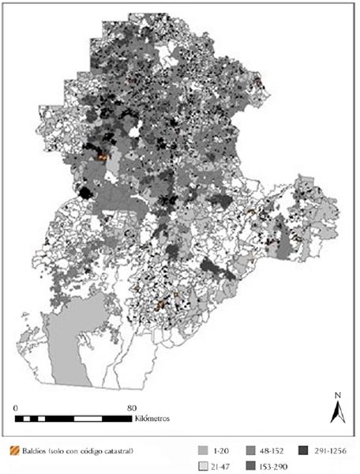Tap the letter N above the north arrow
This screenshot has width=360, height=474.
(336, 395)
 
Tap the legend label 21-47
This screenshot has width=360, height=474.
(223, 464)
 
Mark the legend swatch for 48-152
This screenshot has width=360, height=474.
(250, 451)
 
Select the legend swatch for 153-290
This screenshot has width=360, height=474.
(250, 464)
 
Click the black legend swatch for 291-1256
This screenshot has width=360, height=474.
(303, 451)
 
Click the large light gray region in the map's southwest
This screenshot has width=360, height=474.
(67, 348)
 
